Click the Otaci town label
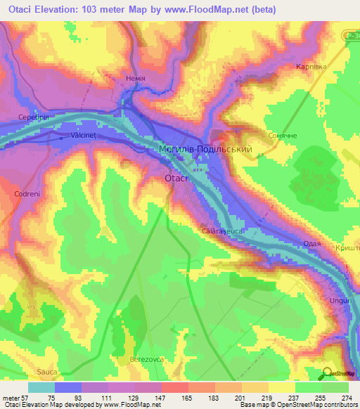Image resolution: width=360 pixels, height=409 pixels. (178, 178)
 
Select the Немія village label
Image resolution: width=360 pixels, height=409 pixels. (134, 79)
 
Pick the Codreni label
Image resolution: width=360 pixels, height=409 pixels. (29, 193)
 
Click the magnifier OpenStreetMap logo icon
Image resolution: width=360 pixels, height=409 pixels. (328, 373)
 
